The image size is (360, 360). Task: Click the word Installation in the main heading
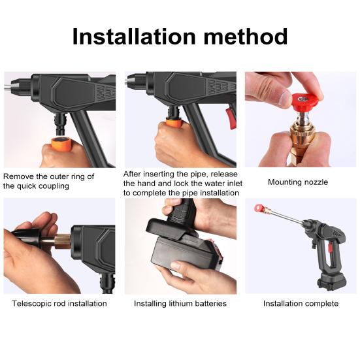pyautogui.click(x=134, y=37)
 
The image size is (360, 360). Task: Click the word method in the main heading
pyautogui.click(x=246, y=37)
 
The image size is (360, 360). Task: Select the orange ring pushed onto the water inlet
pyautogui.click(x=174, y=123)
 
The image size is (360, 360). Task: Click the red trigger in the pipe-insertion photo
pyautogui.click(x=231, y=118)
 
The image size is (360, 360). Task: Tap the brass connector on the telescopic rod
pyautogui.click(x=63, y=241)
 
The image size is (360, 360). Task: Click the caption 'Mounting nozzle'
pyautogui.click(x=298, y=182)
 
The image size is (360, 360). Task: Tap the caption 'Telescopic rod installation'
pyautogui.click(x=59, y=304)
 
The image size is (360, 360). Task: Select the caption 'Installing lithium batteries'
pyautogui.click(x=180, y=304)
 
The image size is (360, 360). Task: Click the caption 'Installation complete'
pyautogui.click(x=301, y=304)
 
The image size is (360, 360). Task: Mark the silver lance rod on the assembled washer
pyautogui.click(x=285, y=215)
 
